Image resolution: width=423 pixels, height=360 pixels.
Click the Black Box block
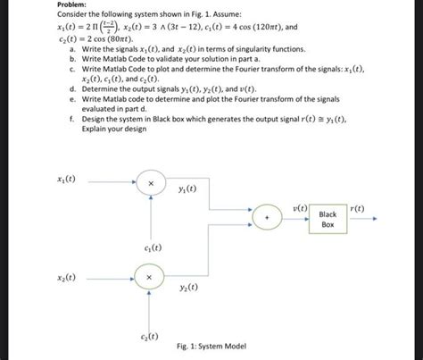328,219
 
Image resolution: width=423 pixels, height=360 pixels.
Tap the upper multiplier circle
150,184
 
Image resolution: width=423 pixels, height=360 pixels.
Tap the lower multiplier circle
150,278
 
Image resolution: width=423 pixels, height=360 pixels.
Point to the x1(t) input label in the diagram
65,179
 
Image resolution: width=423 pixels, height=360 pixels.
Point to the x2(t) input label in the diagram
65,278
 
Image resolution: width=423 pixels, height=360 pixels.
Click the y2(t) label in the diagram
187,288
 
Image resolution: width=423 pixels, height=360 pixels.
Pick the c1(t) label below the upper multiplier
151,247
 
